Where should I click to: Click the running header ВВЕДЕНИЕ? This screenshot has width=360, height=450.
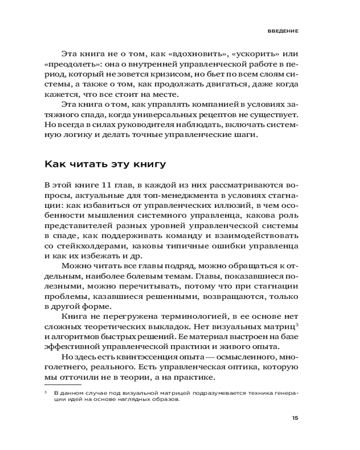[281, 31]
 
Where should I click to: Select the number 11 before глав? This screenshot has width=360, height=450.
[106, 185]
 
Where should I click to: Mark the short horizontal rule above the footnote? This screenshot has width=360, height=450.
[63, 385]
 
